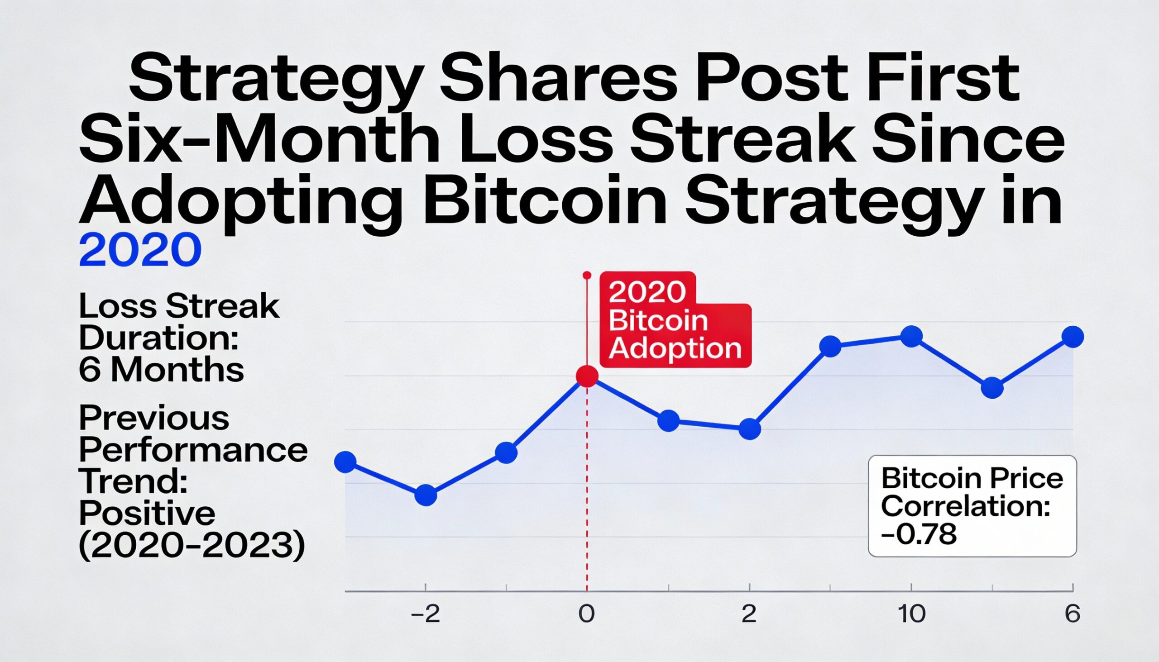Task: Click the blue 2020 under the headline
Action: (x=140, y=250)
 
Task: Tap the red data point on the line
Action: (x=587, y=376)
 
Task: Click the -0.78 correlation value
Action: (x=920, y=534)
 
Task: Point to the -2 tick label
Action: (x=426, y=614)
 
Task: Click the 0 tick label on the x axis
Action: (x=587, y=614)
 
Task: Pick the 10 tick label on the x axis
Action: (x=911, y=614)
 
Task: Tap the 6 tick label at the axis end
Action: (x=1072, y=614)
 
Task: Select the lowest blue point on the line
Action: (x=426, y=495)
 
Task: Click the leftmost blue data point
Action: (x=345, y=462)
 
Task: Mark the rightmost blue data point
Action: (x=1073, y=337)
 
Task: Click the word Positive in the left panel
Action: (x=147, y=513)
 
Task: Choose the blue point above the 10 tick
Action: (x=911, y=337)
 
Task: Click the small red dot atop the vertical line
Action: (x=587, y=276)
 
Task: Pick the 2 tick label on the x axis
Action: (x=749, y=614)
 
